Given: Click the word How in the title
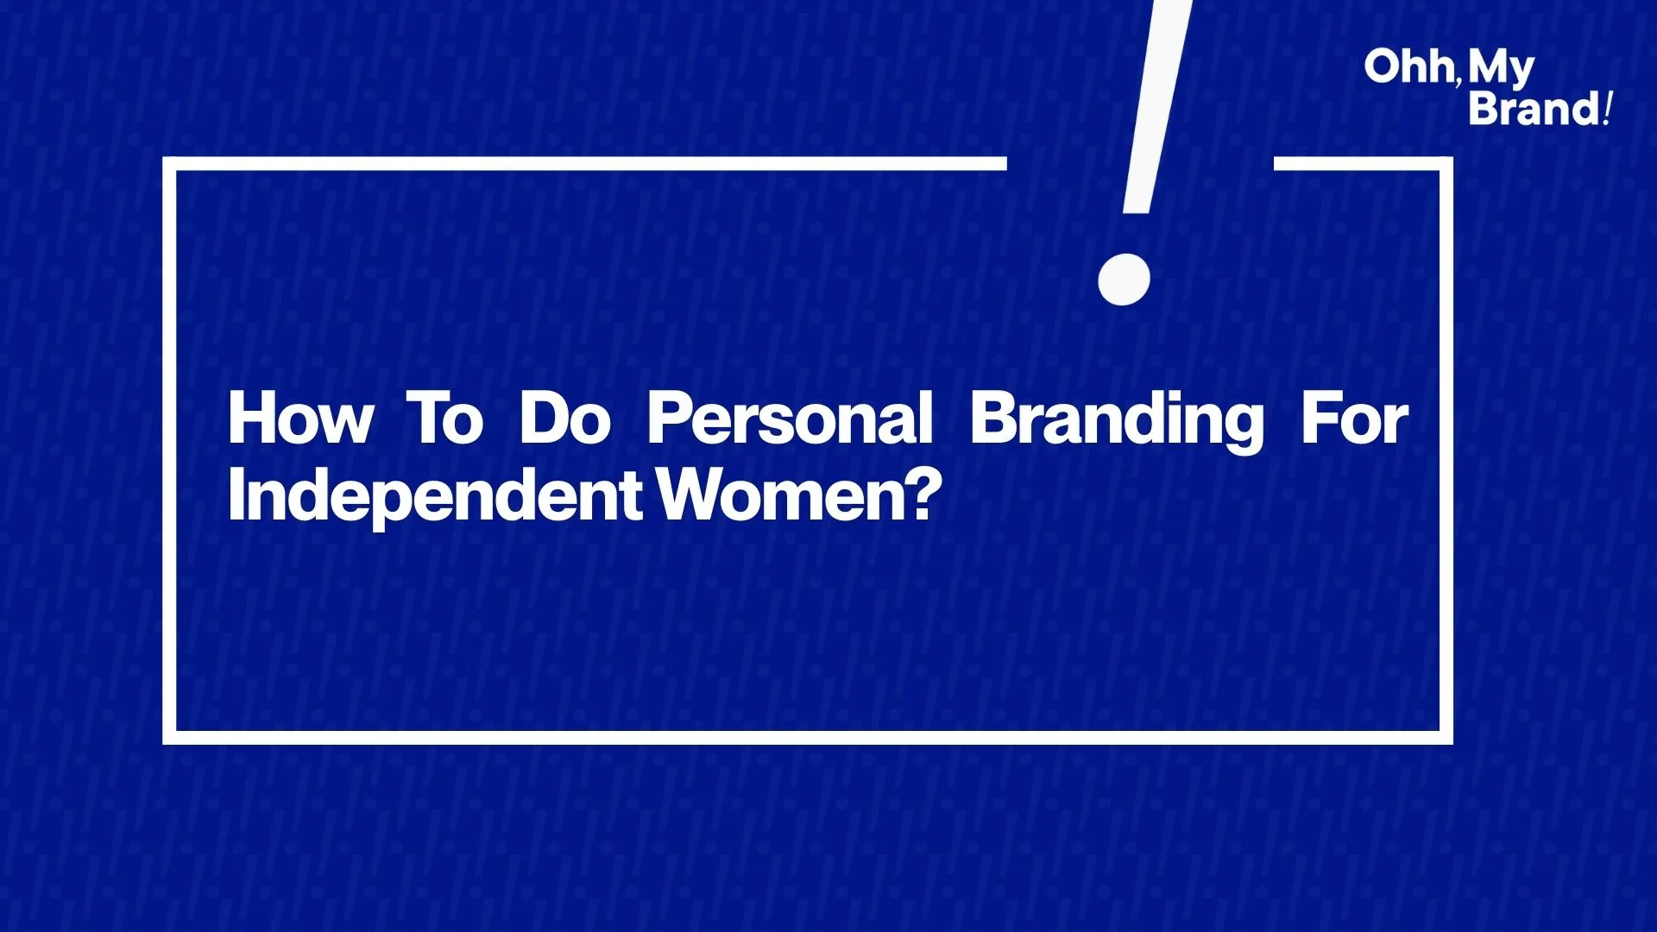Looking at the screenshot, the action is [x=301, y=419].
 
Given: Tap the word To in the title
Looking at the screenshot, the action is [x=445, y=419].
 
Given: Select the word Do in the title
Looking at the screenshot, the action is [x=565, y=419].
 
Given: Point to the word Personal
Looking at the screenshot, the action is [x=791, y=419].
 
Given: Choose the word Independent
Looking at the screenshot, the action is [x=435, y=497].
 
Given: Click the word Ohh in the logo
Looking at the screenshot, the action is [x=1409, y=66].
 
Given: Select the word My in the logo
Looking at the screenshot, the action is [x=1502, y=69].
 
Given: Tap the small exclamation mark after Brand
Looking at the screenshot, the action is [x=1606, y=109].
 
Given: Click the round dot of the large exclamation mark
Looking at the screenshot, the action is [x=1125, y=279].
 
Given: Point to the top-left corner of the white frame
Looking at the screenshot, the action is [x=169, y=164].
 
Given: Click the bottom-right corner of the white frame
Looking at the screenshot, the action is [x=1446, y=738].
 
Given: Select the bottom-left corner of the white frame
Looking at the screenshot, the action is [x=169, y=738].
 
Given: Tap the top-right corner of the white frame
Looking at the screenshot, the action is [x=1446, y=164].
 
